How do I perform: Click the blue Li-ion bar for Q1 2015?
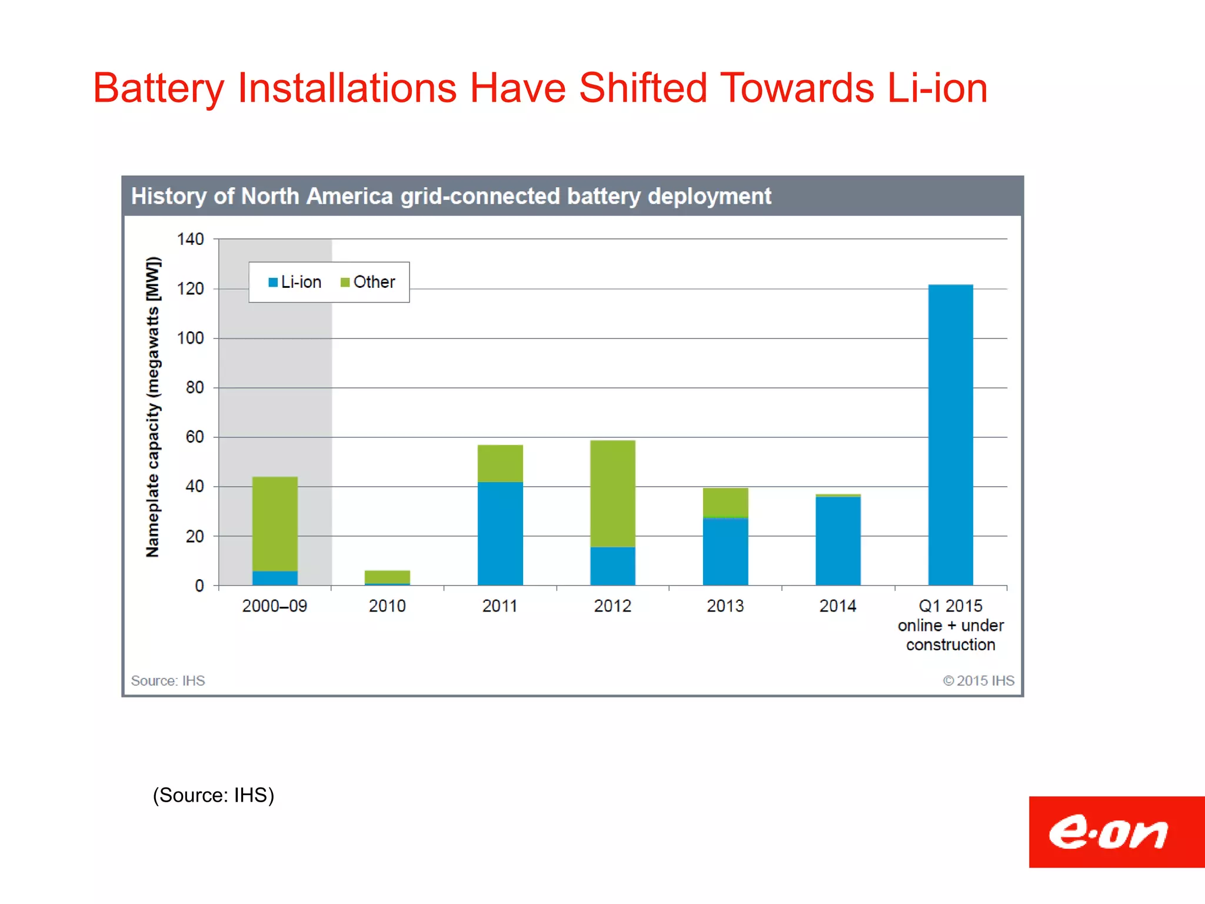pos(950,436)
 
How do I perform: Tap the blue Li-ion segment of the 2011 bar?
pos(500,533)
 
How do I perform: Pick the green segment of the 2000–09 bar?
pos(275,524)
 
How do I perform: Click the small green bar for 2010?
pos(387,576)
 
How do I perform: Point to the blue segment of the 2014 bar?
pos(838,540)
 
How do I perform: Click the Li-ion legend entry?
pos(295,282)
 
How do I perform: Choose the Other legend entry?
pos(368,282)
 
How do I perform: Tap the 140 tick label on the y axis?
pos(190,240)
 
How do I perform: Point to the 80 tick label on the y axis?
pos(195,388)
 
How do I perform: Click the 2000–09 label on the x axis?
pos(275,606)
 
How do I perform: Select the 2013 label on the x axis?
pos(725,606)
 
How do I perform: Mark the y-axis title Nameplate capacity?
pos(152,407)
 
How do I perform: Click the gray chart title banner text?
pos(451,197)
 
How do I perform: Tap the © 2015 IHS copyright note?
pos(978,681)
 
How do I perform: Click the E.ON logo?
pos(1109,832)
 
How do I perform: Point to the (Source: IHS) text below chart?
pos(214,795)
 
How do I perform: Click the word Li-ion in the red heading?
pos(937,89)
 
